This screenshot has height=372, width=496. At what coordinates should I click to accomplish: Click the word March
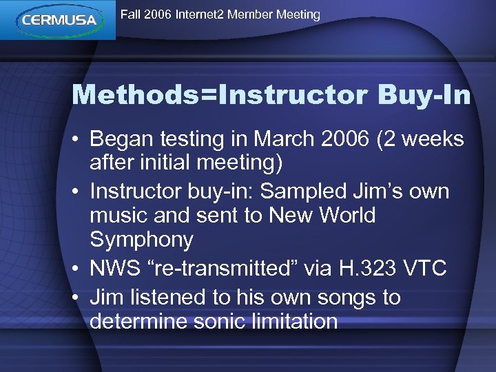[x=282, y=139]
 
